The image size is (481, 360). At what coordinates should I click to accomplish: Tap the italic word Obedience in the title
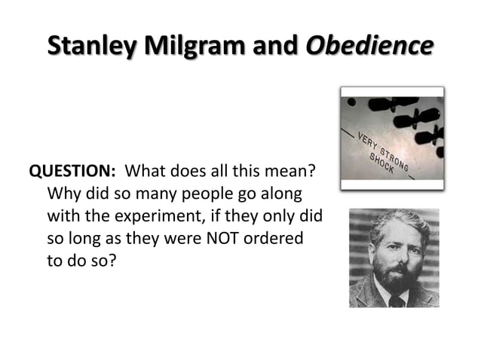pos(369,44)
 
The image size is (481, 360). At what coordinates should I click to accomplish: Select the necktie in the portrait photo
pos(395,301)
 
